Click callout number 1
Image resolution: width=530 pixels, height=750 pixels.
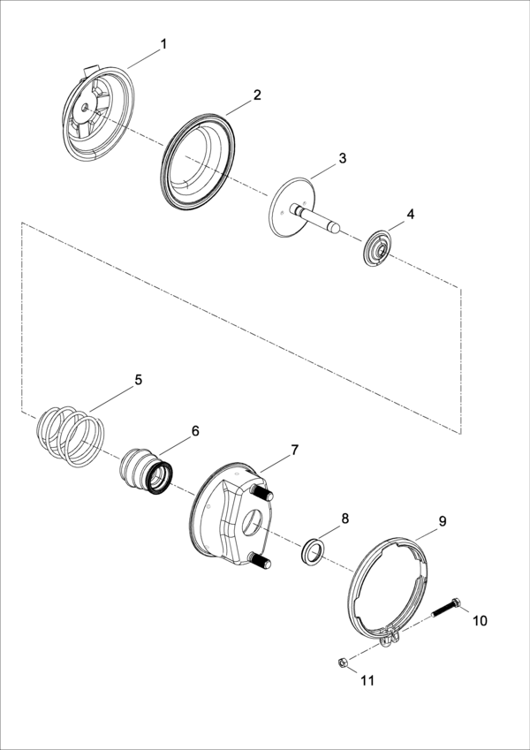click(163, 43)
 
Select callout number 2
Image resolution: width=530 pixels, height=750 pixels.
click(257, 95)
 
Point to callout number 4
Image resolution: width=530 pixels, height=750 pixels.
click(410, 215)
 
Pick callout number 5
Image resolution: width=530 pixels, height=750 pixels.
click(138, 380)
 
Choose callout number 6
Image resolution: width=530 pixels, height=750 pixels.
click(195, 431)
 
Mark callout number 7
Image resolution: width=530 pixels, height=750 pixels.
click(294, 450)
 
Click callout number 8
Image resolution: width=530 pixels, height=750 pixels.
click(345, 518)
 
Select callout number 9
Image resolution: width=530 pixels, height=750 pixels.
click(443, 521)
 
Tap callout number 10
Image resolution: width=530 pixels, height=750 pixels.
click(479, 620)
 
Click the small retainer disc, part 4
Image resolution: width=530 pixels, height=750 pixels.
click(380, 246)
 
